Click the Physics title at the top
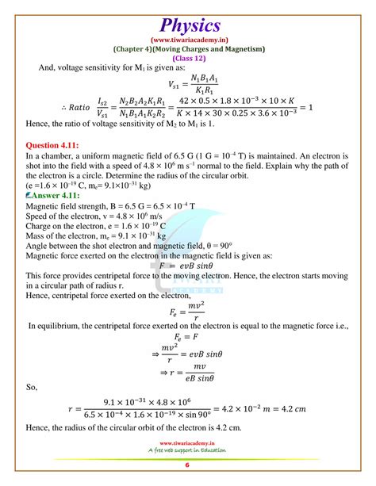(x=187, y=17)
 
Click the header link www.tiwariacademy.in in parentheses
(x=187, y=38)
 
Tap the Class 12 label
(x=187, y=60)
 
